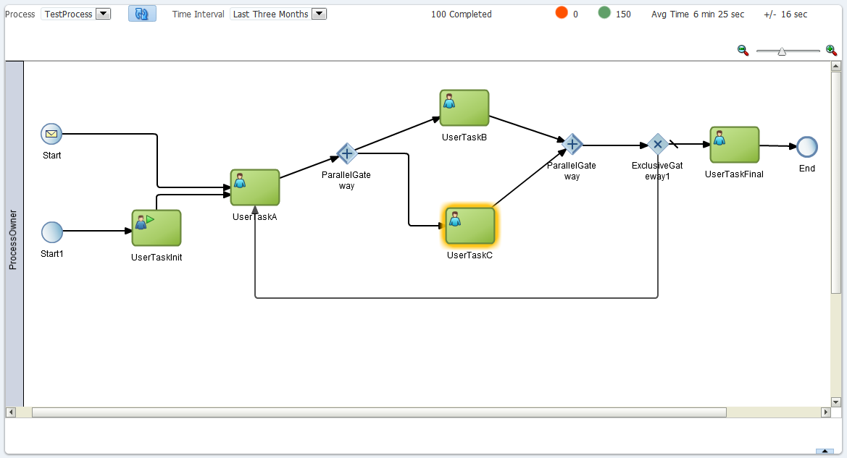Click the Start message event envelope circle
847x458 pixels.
coord(52,134)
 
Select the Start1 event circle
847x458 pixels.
coord(52,232)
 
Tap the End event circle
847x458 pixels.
coord(807,147)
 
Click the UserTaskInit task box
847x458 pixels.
coord(157,228)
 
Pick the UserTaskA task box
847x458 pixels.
coord(255,187)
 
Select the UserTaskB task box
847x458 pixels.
coord(464,108)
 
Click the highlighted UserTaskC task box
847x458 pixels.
coord(470,226)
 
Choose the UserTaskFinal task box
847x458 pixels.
coord(735,145)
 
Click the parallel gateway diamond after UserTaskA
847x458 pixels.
coord(347,153)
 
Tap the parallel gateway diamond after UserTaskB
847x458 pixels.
coord(572,144)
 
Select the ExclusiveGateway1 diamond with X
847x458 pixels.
coord(657,144)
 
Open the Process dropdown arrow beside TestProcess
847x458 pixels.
coord(103,14)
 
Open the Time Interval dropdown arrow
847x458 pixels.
coord(320,14)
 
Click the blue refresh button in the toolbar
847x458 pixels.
coord(142,14)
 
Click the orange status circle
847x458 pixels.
coord(562,13)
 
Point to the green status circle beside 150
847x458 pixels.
coord(604,13)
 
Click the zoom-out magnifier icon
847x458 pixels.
coord(743,51)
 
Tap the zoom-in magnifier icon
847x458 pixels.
coord(831,51)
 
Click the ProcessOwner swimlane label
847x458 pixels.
coord(13,239)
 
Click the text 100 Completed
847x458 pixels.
coord(462,14)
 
